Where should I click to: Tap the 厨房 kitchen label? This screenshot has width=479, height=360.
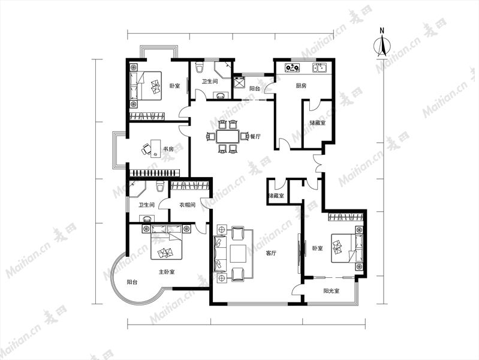click(x=301, y=86)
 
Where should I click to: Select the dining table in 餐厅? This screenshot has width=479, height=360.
click(x=228, y=136)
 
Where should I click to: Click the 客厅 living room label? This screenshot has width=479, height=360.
click(x=271, y=253)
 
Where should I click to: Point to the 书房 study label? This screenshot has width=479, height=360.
click(x=168, y=149)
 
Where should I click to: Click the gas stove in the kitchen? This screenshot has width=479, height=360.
click(x=293, y=68)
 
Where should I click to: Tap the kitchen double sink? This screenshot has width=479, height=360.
click(x=320, y=68)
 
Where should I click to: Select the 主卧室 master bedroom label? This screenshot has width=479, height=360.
click(x=167, y=272)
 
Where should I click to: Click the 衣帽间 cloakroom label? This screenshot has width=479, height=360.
click(x=187, y=205)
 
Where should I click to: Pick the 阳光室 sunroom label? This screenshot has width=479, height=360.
click(x=332, y=291)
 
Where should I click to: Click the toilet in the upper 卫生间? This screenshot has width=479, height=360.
click(x=199, y=67)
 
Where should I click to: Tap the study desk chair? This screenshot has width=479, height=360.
click(x=146, y=149)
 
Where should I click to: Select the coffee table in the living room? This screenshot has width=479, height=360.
click(x=238, y=254)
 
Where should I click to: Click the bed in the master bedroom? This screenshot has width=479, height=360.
click(x=167, y=242)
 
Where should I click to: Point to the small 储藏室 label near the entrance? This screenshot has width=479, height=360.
click(x=276, y=196)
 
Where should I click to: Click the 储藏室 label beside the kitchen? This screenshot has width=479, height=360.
click(x=318, y=123)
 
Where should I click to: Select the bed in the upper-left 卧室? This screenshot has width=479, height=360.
click(x=146, y=86)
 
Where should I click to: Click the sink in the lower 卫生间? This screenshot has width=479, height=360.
click(x=147, y=218)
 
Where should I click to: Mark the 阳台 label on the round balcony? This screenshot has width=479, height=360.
click(x=132, y=283)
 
